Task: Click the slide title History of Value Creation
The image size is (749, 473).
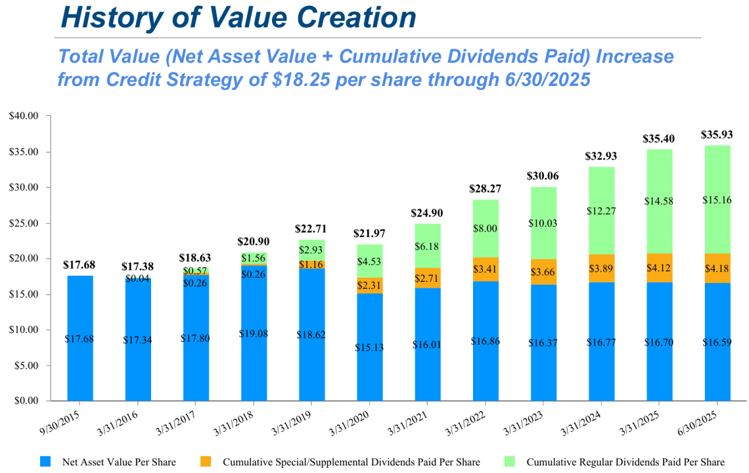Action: coord(238,17)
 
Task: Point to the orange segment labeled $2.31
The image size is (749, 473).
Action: coord(370,285)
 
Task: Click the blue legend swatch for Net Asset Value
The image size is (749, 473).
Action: coord(45,461)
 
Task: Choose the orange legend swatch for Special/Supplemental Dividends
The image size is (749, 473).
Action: coord(208,461)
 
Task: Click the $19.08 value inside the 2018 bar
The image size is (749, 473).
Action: coord(253,333)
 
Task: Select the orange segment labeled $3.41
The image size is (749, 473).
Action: coord(486,269)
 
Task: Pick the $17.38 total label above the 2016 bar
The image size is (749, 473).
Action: coord(137,267)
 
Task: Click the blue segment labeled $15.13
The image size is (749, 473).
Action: coord(370,347)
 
